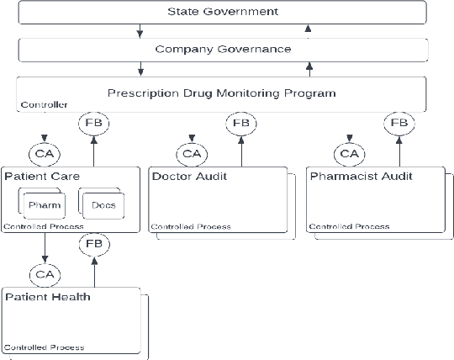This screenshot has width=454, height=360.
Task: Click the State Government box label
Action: pyautogui.click(x=222, y=12)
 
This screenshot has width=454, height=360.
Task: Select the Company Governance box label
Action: pyautogui.click(x=222, y=49)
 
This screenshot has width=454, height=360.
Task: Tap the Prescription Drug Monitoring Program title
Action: pyautogui.click(x=222, y=93)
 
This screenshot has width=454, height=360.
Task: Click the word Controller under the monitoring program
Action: pyautogui.click(x=44, y=105)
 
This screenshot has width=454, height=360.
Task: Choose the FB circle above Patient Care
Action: pyautogui.click(x=93, y=124)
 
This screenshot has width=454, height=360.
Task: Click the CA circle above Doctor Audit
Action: pyautogui.click(x=193, y=153)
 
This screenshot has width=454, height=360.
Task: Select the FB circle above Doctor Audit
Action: pyautogui.click(x=241, y=124)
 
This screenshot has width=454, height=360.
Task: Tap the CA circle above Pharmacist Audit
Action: pyautogui.click(x=349, y=153)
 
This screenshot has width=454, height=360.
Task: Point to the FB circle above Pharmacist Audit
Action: pyautogui.click(x=398, y=124)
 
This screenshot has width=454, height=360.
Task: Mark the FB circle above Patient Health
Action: pyautogui.click(x=93, y=245)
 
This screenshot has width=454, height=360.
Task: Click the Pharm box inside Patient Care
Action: pyautogui.click(x=44, y=205)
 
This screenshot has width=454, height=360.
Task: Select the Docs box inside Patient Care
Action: pyautogui.click(x=103, y=205)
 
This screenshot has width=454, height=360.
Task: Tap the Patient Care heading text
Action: pyautogui.click(x=42, y=177)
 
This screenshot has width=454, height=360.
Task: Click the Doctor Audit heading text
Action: pyautogui.click(x=189, y=177)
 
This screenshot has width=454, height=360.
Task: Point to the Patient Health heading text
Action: pyautogui.click(x=47, y=297)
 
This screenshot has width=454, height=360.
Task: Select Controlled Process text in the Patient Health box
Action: pyautogui.click(x=44, y=347)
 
